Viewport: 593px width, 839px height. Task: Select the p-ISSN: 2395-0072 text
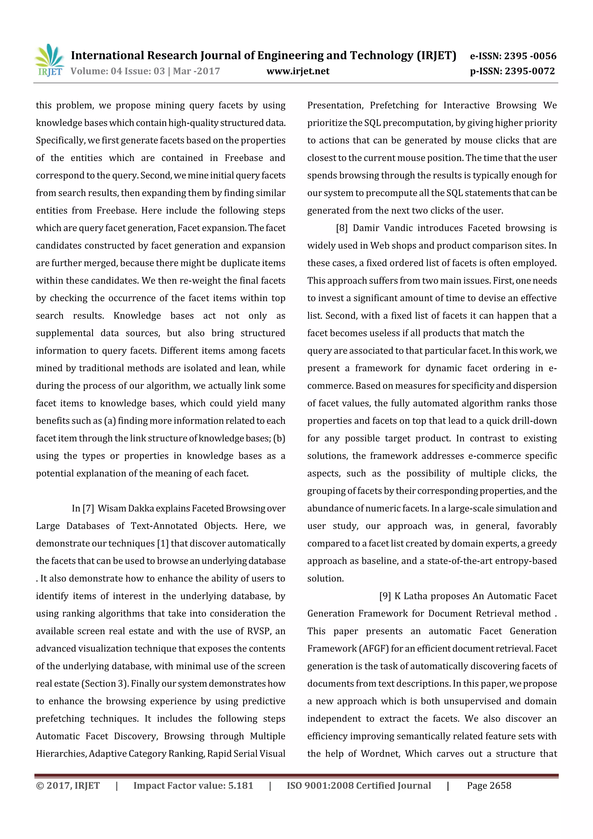[x=512, y=71]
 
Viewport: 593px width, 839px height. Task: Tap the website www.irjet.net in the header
[x=298, y=71]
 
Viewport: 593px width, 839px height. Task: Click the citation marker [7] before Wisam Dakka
[x=88, y=508]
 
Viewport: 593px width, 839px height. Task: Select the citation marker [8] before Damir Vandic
[x=342, y=228]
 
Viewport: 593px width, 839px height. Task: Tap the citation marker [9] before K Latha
[x=385, y=596]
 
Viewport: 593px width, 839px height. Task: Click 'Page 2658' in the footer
[x=489, y=786]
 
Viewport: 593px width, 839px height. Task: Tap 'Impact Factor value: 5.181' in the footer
[x=193, y=786]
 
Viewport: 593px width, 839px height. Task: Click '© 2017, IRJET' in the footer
[x=68, y=786]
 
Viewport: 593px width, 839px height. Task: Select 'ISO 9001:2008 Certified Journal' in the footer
[x=359, y=786]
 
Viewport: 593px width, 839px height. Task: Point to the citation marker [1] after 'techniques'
[x=163, y=543]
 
